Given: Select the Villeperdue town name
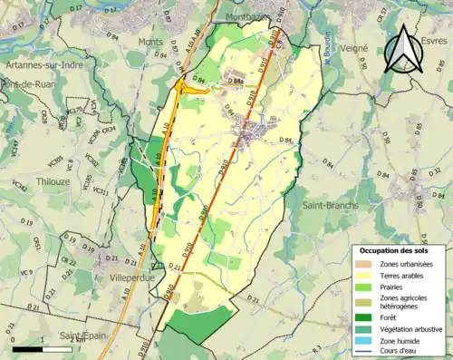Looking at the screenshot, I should coord(132,278).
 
